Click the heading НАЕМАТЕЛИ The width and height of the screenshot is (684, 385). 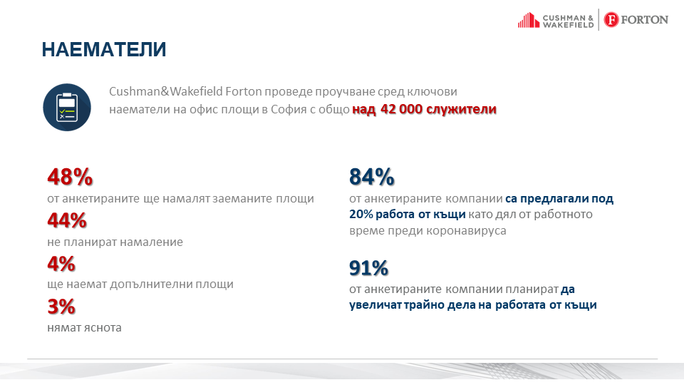(x=104, y=49)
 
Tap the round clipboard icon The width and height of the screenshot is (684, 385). (x=67, y=108)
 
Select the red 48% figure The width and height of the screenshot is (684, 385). (x=71, y=177)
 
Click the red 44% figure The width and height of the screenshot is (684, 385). (x=67, y=220)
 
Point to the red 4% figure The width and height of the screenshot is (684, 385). (x=61, y=264)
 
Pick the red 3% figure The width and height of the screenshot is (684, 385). (x=61, y=307)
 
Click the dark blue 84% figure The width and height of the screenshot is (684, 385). (x=372, y=177)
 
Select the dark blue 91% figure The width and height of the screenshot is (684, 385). (x=368, y=268)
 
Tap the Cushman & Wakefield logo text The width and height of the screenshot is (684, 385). (x=568, y=21)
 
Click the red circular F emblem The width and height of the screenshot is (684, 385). (x=611, y=20)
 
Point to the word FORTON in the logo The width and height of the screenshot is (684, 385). (x=644, y=20)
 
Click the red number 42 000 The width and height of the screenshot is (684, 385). (x=401, y=108)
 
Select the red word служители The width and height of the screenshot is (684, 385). (x=461, y=109)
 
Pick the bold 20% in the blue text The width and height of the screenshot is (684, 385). (x=361, y=215)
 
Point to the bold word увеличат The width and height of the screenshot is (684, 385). (x=375, y=304)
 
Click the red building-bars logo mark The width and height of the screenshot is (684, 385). (x=528, y=20)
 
